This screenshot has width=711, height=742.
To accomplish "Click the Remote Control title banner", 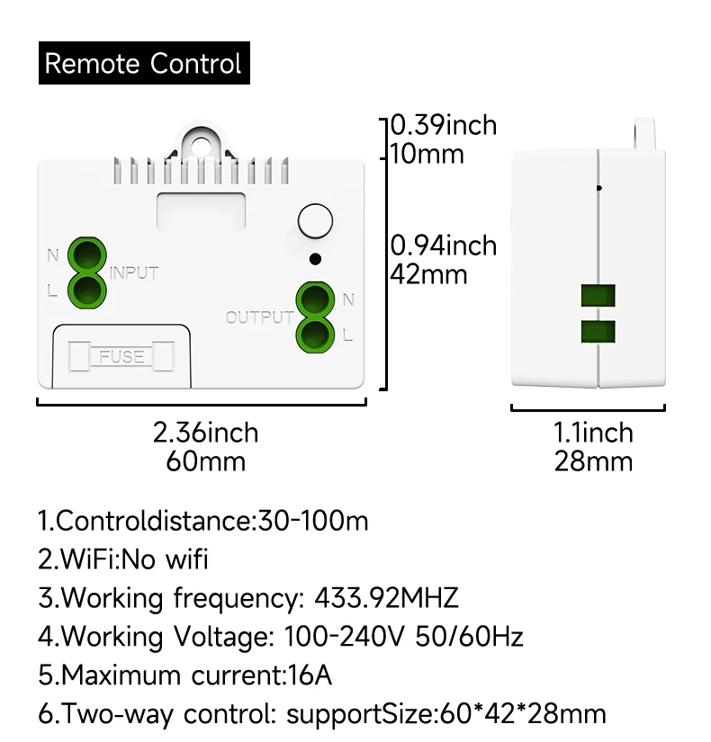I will [143, 64].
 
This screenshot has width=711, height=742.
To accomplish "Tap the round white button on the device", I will [314, 221].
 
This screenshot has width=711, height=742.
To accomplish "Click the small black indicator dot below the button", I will [314, 259].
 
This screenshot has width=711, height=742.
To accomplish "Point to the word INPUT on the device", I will [134, 273].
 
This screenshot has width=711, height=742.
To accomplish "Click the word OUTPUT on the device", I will [259, 317].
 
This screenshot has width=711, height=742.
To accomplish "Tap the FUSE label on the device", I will [121, 357].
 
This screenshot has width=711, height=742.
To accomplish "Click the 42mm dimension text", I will [428, 273].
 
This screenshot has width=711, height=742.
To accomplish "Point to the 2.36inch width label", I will [205, 433].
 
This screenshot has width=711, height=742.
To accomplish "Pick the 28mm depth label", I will [593, 462].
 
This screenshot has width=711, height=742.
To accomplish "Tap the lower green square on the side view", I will [598, 330].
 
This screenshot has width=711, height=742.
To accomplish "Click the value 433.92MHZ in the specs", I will [386, 597].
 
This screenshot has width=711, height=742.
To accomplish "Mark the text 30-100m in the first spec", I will [313, 521].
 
